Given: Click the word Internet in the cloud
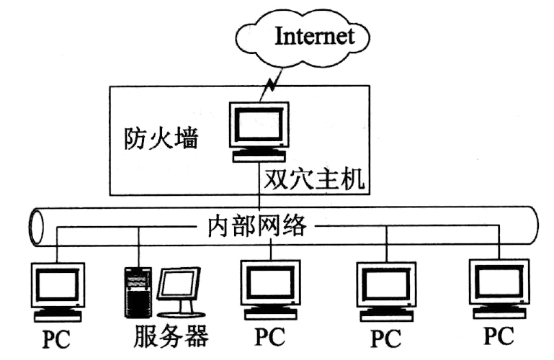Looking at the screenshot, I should [x=315, y=35].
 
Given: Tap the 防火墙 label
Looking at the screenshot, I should [x=159, y=136].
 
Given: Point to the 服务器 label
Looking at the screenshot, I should [x=171, y=336].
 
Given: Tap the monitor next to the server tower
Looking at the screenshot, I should [x=178, y=288].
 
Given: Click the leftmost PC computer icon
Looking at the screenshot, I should [x=58, y=288].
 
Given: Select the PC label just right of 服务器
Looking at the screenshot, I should [x=269, y=336].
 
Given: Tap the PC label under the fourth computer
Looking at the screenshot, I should [x=386, y=337].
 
